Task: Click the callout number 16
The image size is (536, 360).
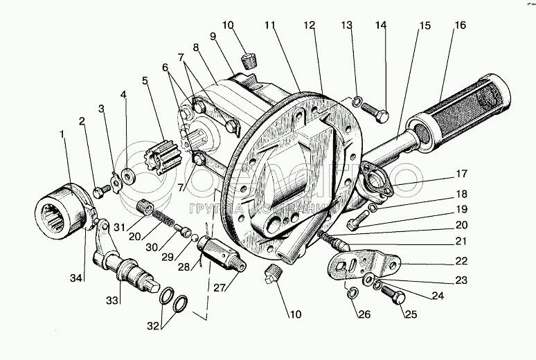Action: (x=459, y=26)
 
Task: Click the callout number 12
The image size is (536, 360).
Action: (x=309, y=26)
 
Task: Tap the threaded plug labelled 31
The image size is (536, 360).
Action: (x=145, y=206)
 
